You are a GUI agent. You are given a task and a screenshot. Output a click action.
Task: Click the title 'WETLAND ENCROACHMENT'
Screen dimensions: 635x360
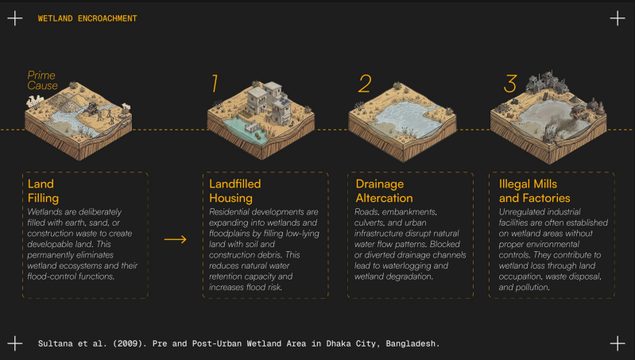(87, 18)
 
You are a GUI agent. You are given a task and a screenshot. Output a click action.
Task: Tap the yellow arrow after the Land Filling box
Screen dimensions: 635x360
(176, 239)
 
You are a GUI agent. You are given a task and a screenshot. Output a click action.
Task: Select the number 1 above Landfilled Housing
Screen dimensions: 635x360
(215, 83)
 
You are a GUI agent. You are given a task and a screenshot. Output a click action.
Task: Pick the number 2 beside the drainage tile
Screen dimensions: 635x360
(365, 83)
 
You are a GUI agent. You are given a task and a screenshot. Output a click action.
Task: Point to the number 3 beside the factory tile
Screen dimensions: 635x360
(510, 83)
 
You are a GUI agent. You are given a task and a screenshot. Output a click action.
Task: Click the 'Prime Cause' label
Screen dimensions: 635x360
(43, 80)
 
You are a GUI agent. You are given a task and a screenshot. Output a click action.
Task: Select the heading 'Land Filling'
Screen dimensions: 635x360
(44, 191)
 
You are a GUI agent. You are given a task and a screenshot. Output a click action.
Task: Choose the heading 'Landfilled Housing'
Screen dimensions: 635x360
(235, 191)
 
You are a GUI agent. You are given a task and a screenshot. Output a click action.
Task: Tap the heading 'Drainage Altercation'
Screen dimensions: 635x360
(384, 191)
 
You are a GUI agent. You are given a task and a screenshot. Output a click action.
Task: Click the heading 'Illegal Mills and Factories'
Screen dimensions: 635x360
(535, 191)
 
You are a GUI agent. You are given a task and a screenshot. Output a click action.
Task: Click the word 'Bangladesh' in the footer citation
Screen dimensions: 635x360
(412, 343)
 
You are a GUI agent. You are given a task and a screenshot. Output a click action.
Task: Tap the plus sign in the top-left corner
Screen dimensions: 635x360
(15, 18)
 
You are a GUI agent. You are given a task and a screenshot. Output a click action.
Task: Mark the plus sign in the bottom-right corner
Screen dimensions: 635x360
(618, 343)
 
